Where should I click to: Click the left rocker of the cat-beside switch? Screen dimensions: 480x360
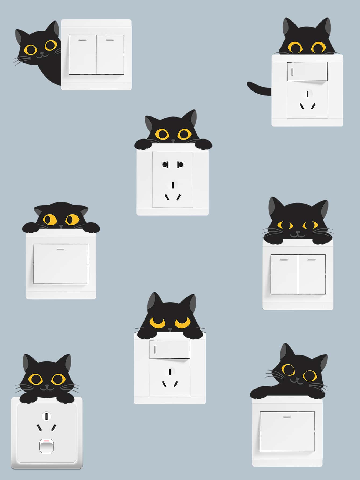82,55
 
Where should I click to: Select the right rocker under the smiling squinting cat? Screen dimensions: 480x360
312,274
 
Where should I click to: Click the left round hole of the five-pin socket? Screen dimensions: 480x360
165,164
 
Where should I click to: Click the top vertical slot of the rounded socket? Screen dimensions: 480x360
46,417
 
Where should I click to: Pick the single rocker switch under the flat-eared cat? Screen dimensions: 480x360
61,264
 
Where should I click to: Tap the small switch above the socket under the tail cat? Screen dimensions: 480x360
307,72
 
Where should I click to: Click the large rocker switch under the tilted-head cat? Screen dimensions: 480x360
287,431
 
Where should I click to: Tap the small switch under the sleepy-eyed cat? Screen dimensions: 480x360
170,349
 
